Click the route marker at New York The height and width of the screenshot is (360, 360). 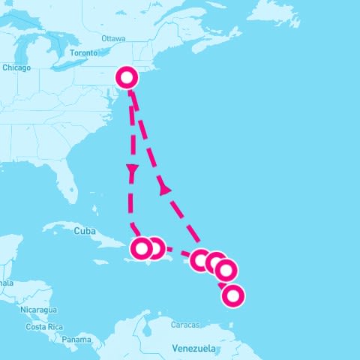(127, 78)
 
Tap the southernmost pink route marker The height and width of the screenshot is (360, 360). (232, 296)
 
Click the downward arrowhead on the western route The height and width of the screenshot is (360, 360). (132, 172)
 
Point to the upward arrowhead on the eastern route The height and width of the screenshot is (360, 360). (164, 189)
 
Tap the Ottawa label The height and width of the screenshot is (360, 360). (113, 38)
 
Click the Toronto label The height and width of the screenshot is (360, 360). (83, 53)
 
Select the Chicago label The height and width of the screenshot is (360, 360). (16, 67)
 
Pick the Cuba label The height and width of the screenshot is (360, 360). (84, 231)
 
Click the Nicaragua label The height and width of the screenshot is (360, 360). (37, 310)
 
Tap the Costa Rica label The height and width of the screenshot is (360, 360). (43, 327)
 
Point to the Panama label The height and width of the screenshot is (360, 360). (76, 340)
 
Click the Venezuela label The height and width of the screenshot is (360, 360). (193, 349)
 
